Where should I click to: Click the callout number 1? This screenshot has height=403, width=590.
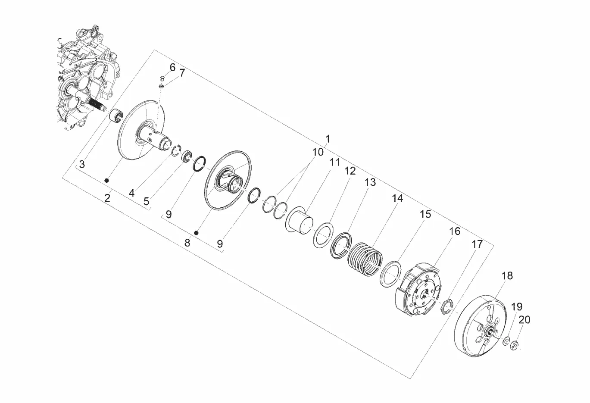(x=328, y=139)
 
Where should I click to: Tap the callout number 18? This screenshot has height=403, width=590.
(x=507, y=276)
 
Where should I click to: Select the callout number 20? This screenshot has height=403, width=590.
(x=524, y=320)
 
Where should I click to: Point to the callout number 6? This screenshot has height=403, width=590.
(x=172, y=67)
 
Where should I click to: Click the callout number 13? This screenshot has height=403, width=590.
(x=370, y=182)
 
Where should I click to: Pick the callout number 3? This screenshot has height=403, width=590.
(x=82, y=164)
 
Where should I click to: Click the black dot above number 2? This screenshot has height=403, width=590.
(x=107, y=180)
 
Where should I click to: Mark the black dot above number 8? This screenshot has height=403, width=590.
(x=196, y=233)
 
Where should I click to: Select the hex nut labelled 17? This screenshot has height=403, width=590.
(x=447, y=306)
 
